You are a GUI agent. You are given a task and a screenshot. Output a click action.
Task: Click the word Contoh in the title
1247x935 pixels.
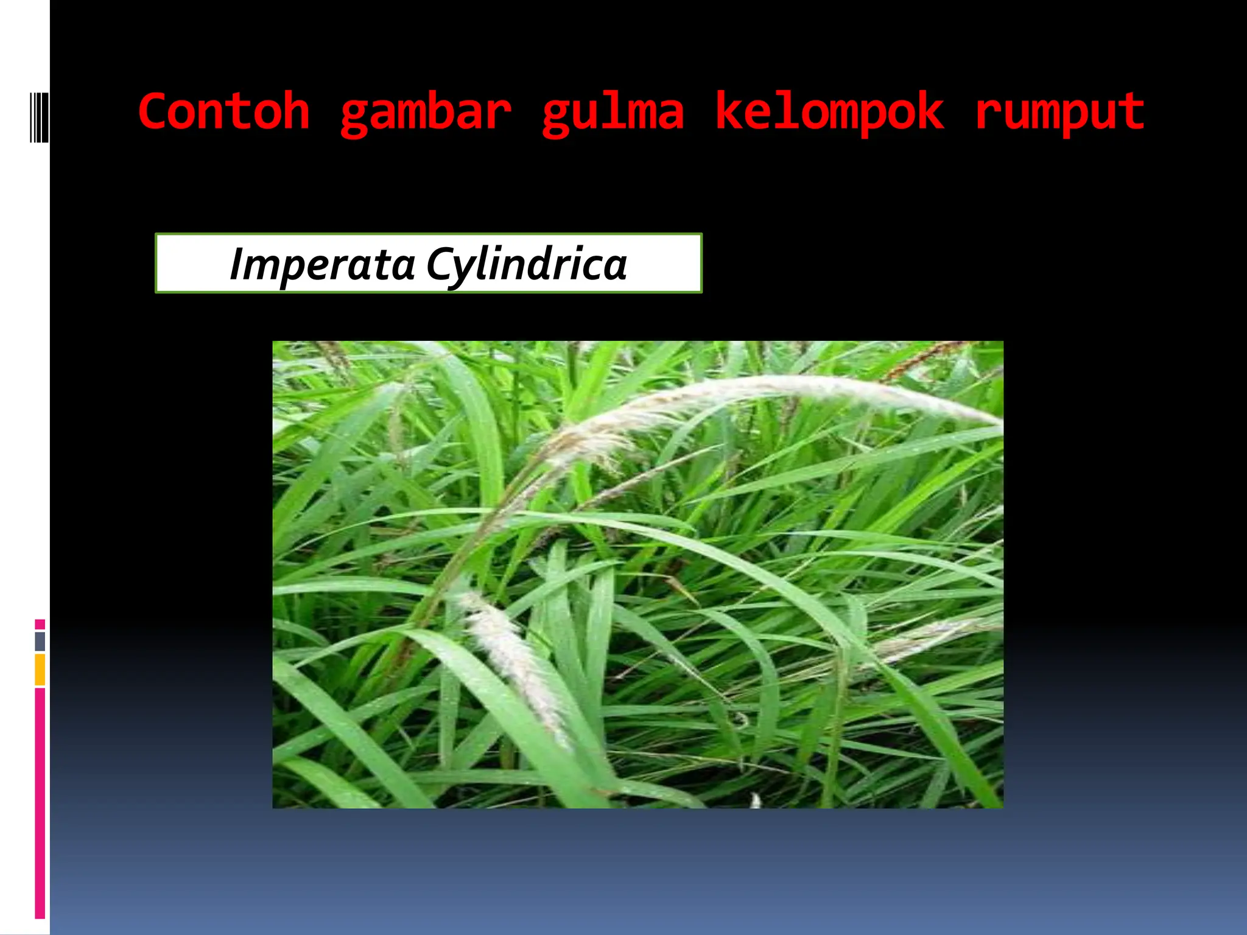(224, 113)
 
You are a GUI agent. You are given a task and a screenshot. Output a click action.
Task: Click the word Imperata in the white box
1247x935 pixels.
(322, 265)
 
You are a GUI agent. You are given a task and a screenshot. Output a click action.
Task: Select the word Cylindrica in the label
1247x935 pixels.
(527, 265)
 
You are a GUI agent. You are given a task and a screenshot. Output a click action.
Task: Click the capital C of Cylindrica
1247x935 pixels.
(440, 264)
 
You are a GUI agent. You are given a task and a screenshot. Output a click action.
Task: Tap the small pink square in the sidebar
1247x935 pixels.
(40, 624)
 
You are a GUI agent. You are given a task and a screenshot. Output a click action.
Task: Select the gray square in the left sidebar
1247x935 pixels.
(40, 641)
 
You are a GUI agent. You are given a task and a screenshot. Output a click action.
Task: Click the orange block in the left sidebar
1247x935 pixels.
(40, 669)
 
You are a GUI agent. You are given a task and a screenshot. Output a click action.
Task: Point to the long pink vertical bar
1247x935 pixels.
(40, 804)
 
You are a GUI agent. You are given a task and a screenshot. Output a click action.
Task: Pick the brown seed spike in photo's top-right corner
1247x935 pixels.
(926, 359)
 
